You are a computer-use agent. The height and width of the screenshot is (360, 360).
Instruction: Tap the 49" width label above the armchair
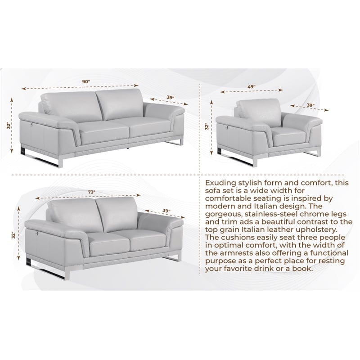251,86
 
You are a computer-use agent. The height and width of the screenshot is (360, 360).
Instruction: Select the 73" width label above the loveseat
91,192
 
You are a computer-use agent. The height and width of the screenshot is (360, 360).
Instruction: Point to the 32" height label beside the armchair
207,127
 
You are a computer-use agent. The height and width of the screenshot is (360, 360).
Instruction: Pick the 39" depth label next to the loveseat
166,211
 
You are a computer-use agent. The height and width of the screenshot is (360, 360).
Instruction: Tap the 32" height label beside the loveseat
15,235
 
